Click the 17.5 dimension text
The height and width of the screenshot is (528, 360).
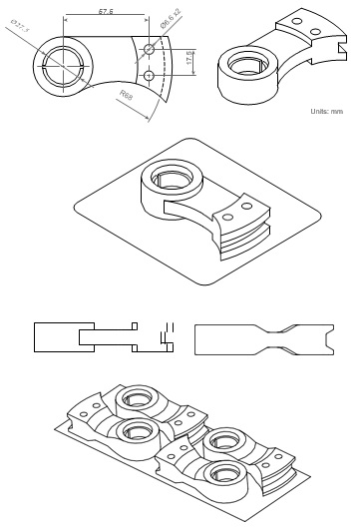pyautogui.click(x=187, y=59)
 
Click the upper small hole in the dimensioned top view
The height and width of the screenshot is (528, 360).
pyautogui.click(x=148, y=48)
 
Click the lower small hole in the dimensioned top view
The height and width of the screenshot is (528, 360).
pyautogui.click(x=148, y=75)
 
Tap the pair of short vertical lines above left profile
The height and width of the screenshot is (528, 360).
pyautogui.click(x=168, y=326)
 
